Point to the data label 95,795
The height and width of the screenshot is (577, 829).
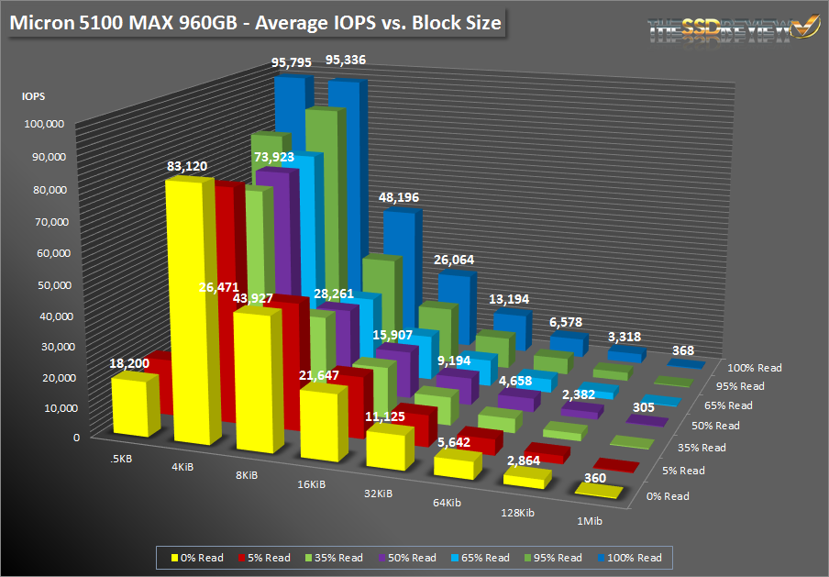[291, 62]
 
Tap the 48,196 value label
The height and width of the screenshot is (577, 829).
[401, 196]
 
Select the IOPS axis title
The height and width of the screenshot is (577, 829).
[34, 95]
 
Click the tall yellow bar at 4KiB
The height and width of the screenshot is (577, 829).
[196, 312]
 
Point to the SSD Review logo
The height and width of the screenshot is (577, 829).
[721, 29]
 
